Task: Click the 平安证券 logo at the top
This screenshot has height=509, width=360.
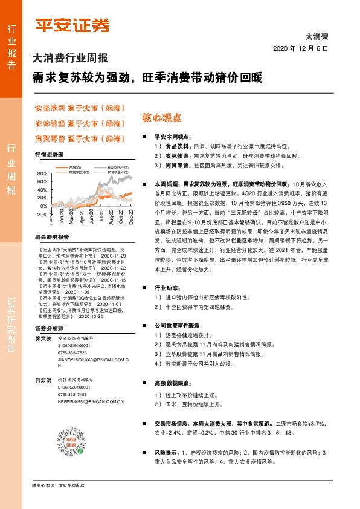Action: (x=73, y=25)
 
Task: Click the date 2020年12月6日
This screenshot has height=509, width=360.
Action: (x=300, y=48)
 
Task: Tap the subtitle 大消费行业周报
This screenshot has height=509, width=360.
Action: (x=70, y=59)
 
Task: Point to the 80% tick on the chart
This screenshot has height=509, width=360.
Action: (x=42, y=173)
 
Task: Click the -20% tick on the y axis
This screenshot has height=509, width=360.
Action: (x=41, y=215)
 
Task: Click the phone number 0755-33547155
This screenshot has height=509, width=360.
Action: (x=72, y=394)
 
